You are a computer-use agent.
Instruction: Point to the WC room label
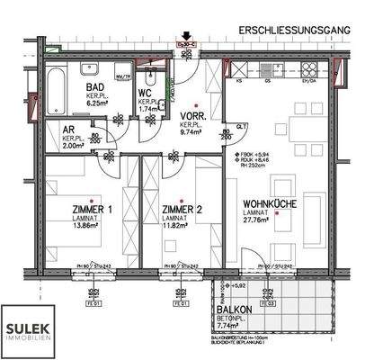click(146, 93)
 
